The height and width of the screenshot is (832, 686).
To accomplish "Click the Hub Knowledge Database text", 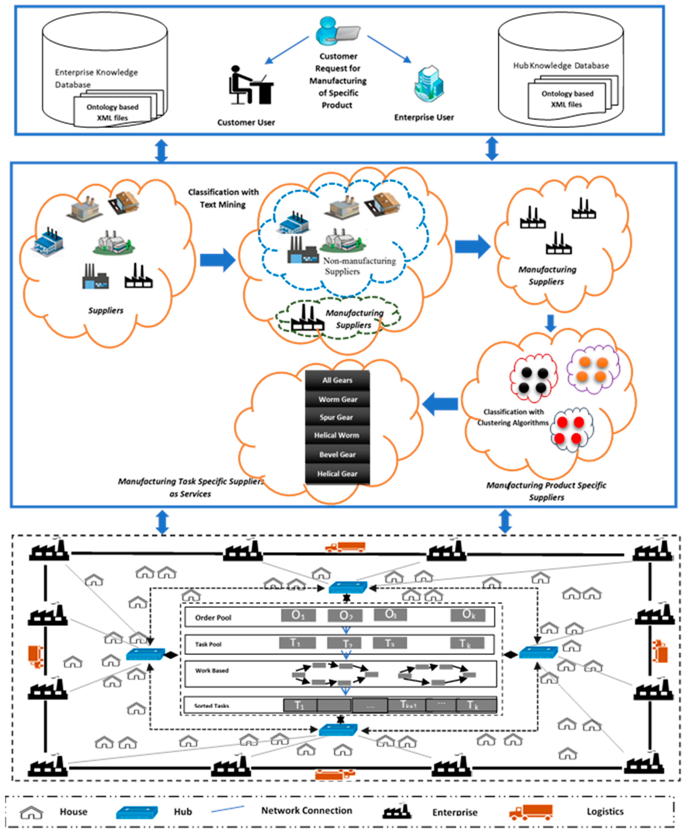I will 561,66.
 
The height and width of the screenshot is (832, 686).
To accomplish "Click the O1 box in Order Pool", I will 298,615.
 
